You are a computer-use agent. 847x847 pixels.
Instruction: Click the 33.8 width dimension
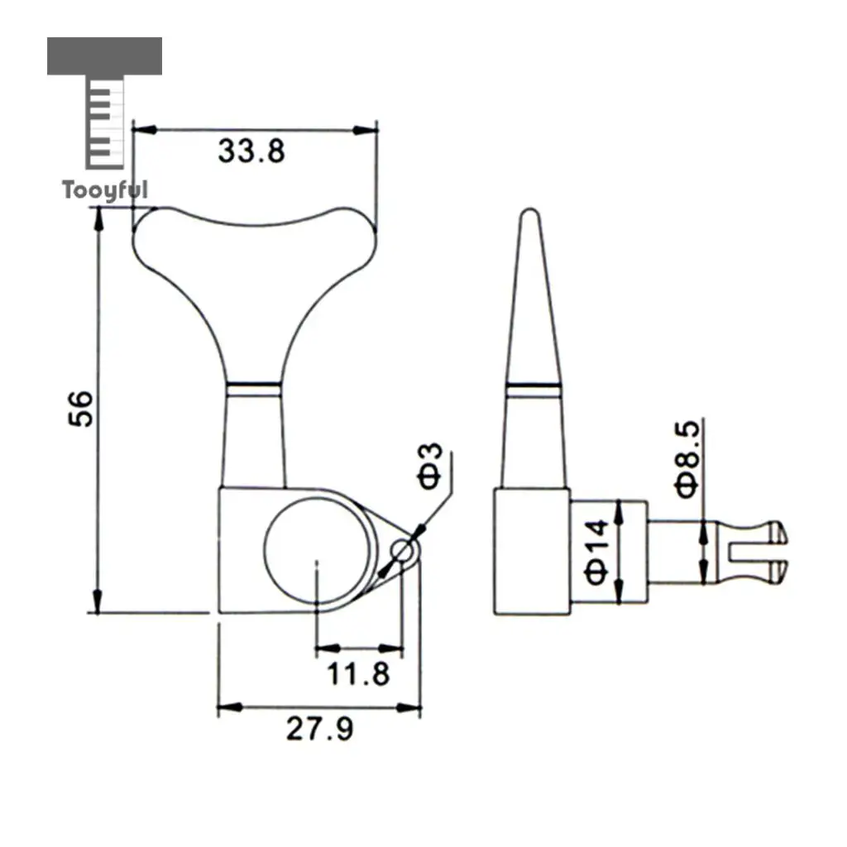point(251,151)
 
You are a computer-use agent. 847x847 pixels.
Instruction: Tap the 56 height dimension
point(81,409)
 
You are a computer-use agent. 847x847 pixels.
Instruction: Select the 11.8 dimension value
point(358,673)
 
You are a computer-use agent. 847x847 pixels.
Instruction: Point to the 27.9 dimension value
point(320,728)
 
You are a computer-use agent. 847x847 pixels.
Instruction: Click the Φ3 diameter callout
point(430,466)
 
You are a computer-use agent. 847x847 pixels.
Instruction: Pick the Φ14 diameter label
point(597,552)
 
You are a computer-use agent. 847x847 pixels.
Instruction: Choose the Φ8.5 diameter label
point(687,460)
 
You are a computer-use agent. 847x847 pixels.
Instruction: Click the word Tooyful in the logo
point(105,190)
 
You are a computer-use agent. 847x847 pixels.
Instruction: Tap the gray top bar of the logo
point(104,55)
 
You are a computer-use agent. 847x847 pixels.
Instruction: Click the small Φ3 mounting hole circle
point(402,551)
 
